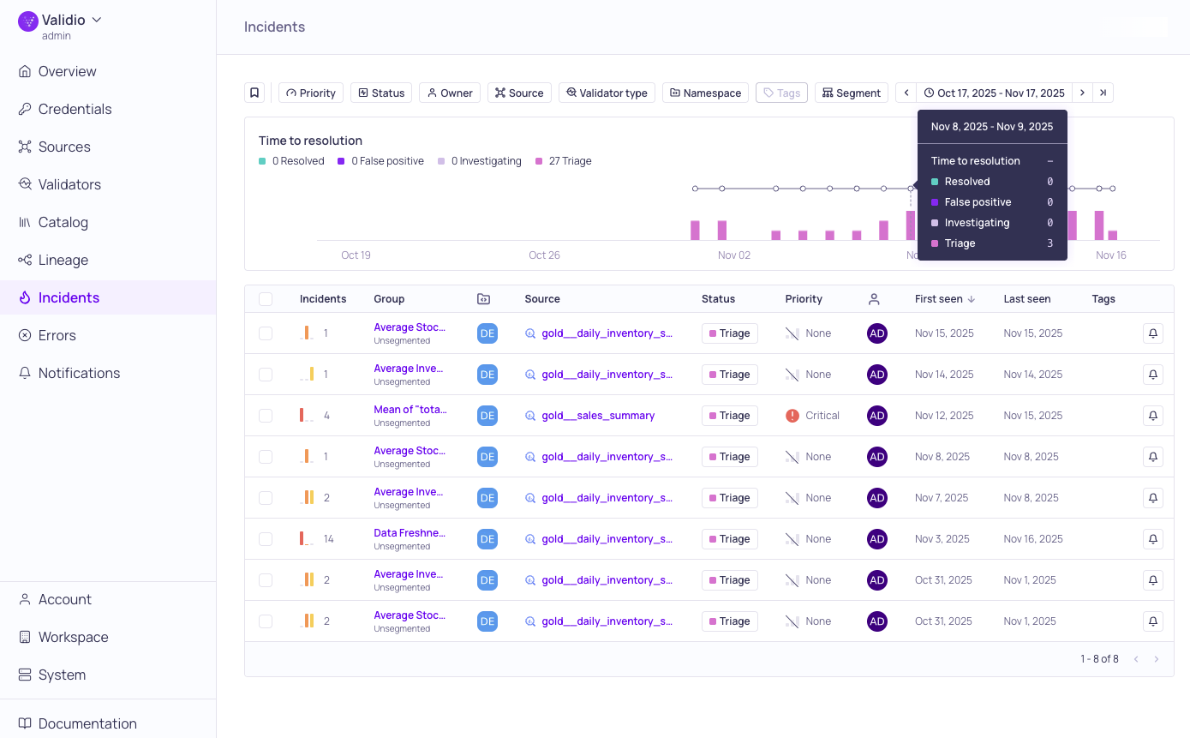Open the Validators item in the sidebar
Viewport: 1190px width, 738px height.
click(x=69, y=184)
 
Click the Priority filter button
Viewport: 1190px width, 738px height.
click(x=310, y=93)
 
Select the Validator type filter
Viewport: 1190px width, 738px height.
click(x=607, y=93)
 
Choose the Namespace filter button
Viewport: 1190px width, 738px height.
click(x=705, y=93)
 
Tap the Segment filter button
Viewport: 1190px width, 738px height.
click(x=851, y=93)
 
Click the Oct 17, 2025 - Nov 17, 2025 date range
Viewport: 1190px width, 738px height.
click(x=994, y=93)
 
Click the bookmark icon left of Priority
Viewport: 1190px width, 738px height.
click(x=254, y=93)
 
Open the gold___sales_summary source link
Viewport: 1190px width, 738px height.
click(x=598, y=416)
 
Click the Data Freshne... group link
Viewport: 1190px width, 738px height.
click(x=410, y=533)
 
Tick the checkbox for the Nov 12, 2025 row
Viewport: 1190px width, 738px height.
click(x=266, y=416)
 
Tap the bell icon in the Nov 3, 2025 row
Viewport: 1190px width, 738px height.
click(x=1152, y=539)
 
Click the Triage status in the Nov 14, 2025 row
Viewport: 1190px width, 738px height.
click(x=729, y=375)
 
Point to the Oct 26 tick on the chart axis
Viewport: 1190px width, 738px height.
click(x=544, y=255)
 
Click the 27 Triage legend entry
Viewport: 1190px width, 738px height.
click(x=564, y=161)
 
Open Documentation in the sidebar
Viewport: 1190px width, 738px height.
click(x=87, y=723)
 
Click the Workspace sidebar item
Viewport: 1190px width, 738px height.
click(x=73, y=637)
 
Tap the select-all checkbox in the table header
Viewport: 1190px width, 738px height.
click(x=266, y=299)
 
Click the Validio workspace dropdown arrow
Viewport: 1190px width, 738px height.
click(x=96, y=20)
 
